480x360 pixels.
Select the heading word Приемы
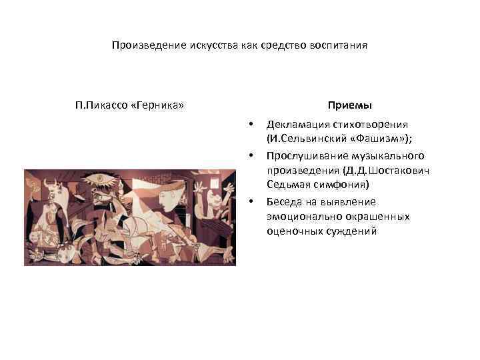coord(350,105)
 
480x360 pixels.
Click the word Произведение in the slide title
coord(141,46)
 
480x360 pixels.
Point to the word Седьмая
coord(287,185)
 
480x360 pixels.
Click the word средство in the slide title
coord(268,46)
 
